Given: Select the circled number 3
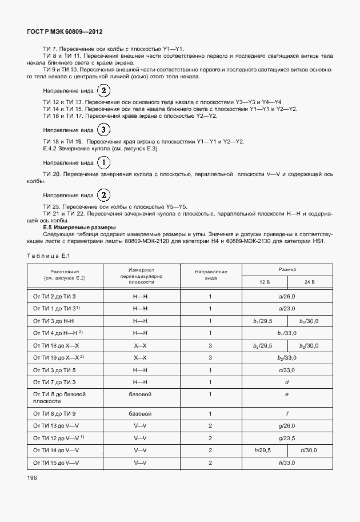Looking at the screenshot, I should pos(104,130).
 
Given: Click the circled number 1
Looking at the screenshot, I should pos(104,162).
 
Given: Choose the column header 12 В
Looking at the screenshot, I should pos(264,282).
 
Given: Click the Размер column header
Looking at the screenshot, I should pos(286,268).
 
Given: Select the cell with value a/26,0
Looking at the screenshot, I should pos(286,296).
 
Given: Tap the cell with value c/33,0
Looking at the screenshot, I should pos(286,370).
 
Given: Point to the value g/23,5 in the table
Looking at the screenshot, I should pos(286,439).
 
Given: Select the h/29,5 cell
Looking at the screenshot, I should pos(263,451).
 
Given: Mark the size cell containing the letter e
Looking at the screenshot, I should pos(286,395).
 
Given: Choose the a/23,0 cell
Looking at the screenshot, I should pos(286,308).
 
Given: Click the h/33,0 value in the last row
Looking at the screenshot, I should pos(286,463).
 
